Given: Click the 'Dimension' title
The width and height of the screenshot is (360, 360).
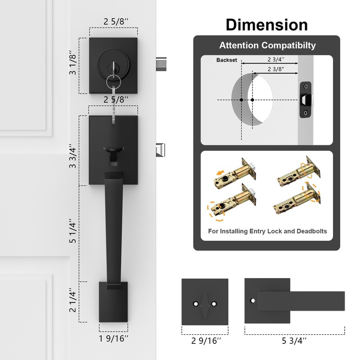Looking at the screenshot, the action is tap(266, 25).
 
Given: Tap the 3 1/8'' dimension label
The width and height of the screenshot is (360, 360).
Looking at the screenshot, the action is tap(72, 63).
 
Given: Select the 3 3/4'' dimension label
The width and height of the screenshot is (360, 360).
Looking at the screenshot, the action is tap(72, 156).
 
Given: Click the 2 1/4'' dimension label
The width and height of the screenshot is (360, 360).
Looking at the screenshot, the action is tap(72, 300).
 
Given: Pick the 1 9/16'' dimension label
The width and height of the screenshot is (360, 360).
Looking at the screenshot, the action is tap(114, 338).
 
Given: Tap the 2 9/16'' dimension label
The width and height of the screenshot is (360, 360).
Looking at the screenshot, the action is tap(206, 341).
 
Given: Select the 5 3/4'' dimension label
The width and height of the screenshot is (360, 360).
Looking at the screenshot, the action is tap(294, 341).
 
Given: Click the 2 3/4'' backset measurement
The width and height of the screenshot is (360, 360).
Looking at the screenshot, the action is tap(276, 59).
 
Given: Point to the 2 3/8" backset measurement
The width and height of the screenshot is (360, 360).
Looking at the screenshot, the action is tap(276, 69).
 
